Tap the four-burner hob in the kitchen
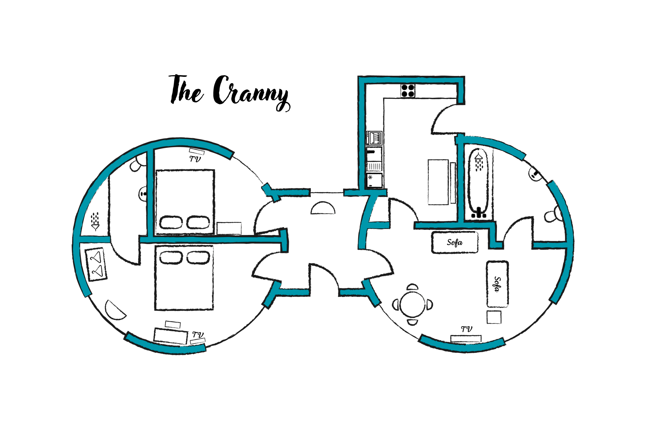[x=408, y=91]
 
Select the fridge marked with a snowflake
[x=374, y=180]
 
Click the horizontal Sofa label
[x=455, y=243]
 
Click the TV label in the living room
[x=467, y=329]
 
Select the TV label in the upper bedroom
[x=195, y=159]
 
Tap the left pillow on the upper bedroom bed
[x=171, y=222]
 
